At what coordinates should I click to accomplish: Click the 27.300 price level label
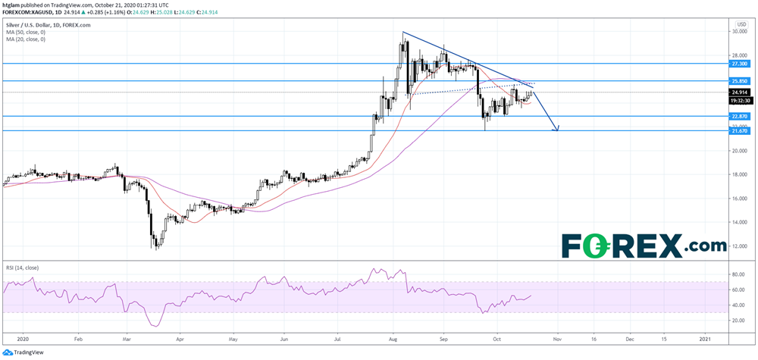click(739, 65)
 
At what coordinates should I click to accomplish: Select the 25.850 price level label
click(739, 81)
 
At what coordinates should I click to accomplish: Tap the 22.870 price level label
click(739, 117)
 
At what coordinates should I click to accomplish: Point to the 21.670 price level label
click(739, 131)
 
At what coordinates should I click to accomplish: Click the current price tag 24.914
click(739, 92)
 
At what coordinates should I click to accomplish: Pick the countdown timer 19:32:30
click(739, 100)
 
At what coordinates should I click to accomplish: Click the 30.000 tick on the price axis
click(739, 32)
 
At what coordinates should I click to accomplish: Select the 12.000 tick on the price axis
click(739, 247)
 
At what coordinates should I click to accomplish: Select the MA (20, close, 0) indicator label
click(25, 39)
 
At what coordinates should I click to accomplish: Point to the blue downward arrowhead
click(557, 128)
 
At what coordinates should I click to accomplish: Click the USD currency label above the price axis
click(741, 23)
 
